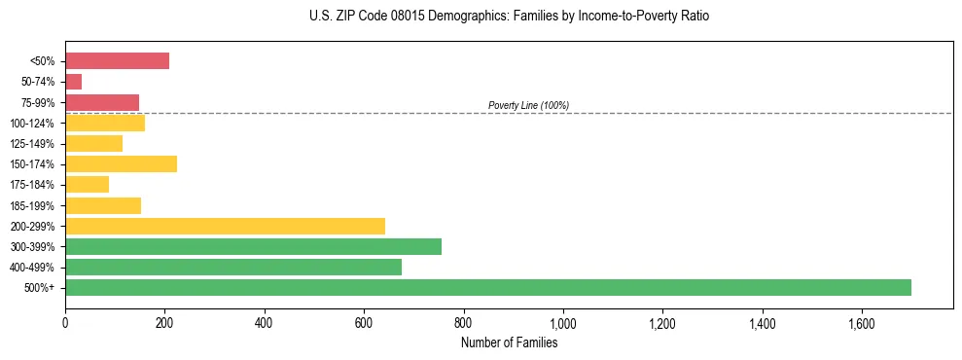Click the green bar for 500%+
(x=488, y=287)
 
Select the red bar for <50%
(x=117, y=61)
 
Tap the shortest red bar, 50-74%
(x=74, y=82)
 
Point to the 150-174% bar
(x=121, y=163)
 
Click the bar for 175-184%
(x=87, y=184)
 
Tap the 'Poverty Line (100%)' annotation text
(x=528, y=105)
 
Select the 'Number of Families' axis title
(x=509, y=342)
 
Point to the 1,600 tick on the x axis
(x=861, y=323)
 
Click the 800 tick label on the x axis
(x=463, y=323)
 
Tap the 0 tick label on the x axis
(x=65, y=323)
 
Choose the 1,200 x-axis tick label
(x=662, y=323)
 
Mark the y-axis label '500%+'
(x=42, y=288)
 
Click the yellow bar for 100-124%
(x=105, y=123)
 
